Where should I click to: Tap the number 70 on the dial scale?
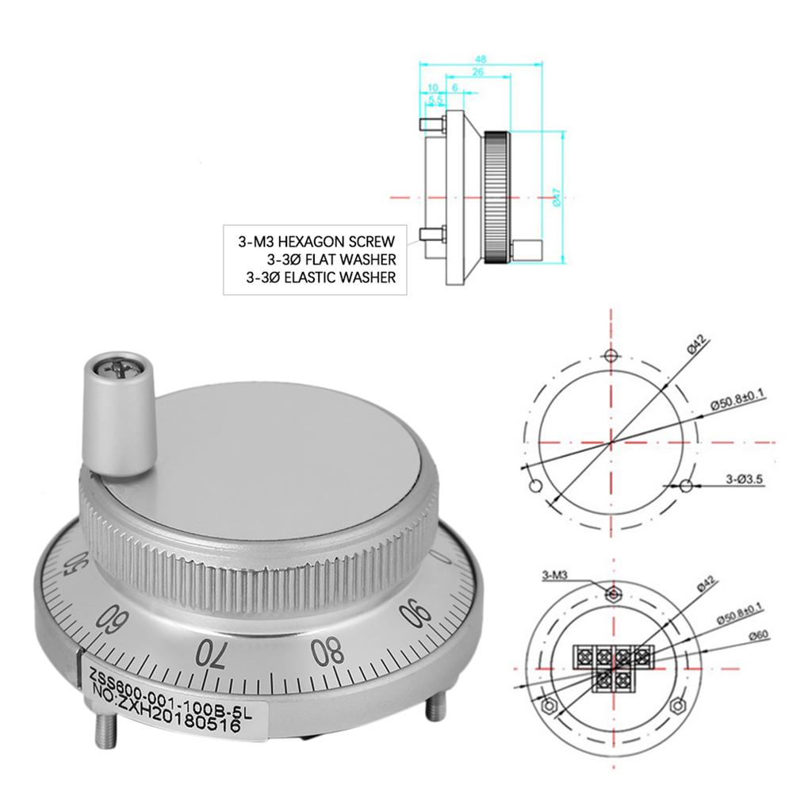point(210,653)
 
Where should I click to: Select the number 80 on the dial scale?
point(327,651)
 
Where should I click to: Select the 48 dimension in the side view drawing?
point(480,58)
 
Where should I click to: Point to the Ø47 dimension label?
point(557,197)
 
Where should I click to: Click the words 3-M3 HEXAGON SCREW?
point(316,240)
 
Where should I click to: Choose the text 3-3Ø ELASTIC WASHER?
point(320,278)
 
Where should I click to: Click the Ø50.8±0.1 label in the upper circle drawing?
point(737,403)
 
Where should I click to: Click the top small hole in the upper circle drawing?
point(610,354)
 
